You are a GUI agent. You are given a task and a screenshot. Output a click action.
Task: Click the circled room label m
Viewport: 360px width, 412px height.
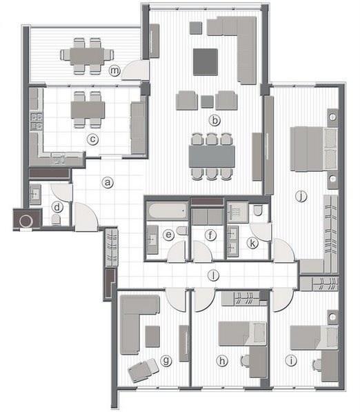click(115, 70)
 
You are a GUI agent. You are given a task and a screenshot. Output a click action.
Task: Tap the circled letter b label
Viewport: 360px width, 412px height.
click(214, 121)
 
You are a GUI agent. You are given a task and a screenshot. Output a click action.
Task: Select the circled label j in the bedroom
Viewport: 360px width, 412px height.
click(301, 196)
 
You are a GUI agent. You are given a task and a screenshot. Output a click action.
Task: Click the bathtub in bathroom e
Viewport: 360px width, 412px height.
click(168, 210)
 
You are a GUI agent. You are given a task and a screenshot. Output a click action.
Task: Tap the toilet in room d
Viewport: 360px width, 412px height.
click(56, 219)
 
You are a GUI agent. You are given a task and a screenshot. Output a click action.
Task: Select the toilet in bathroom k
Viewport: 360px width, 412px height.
click(258, 210)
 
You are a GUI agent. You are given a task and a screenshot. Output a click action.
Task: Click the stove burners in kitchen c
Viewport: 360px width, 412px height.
click(37, 121)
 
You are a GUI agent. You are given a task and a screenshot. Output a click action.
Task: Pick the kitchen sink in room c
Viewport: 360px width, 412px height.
click(58, 159)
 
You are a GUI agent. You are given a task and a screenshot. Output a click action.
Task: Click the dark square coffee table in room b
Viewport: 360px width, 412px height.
click(206, 61)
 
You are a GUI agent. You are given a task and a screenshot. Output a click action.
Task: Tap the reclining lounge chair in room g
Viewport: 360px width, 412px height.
click(143, 369)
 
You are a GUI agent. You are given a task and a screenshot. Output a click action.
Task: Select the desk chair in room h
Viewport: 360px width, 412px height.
click(245, 360)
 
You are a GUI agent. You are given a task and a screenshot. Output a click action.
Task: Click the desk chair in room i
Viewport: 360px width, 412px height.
click(317, 365)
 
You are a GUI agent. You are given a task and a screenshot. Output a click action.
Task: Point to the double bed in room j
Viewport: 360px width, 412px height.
click(314, 149)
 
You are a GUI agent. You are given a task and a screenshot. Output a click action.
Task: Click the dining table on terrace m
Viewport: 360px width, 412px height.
click(87, 56)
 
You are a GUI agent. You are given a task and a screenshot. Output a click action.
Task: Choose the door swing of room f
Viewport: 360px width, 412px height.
click(202, 251)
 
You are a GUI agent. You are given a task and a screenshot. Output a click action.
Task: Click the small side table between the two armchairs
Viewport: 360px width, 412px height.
click(207, 101)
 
